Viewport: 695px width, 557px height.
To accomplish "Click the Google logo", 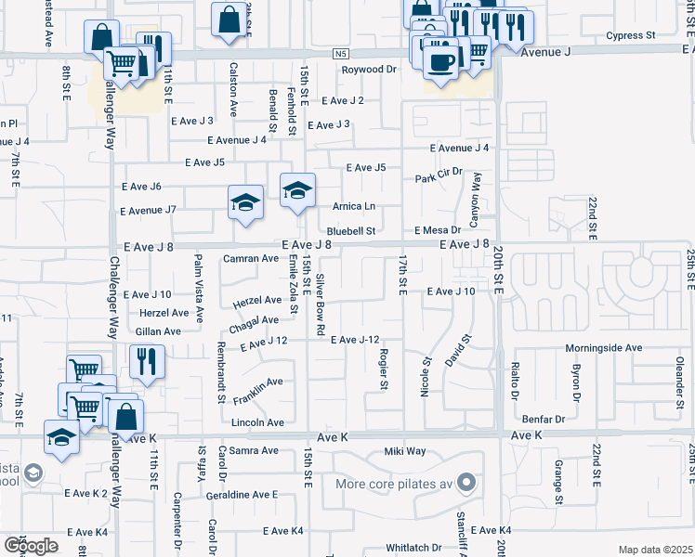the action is point(31,546).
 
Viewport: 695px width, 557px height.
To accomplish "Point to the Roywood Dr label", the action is point(368,70).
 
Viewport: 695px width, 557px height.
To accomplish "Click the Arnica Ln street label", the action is point(354,206).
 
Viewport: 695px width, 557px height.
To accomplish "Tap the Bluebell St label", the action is point(350,231).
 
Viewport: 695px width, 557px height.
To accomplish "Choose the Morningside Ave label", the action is point(604,347).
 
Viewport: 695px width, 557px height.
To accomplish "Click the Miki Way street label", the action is point(404,451).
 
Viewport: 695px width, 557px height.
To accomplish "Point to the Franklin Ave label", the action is point(259,386).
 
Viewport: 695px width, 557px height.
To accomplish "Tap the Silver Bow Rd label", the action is point(320,304).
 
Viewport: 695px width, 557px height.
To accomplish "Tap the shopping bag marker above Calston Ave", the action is point(229,19).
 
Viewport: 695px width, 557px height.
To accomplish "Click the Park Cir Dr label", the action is point(439,177).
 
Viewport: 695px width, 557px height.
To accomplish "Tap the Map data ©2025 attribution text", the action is point(654,550).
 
